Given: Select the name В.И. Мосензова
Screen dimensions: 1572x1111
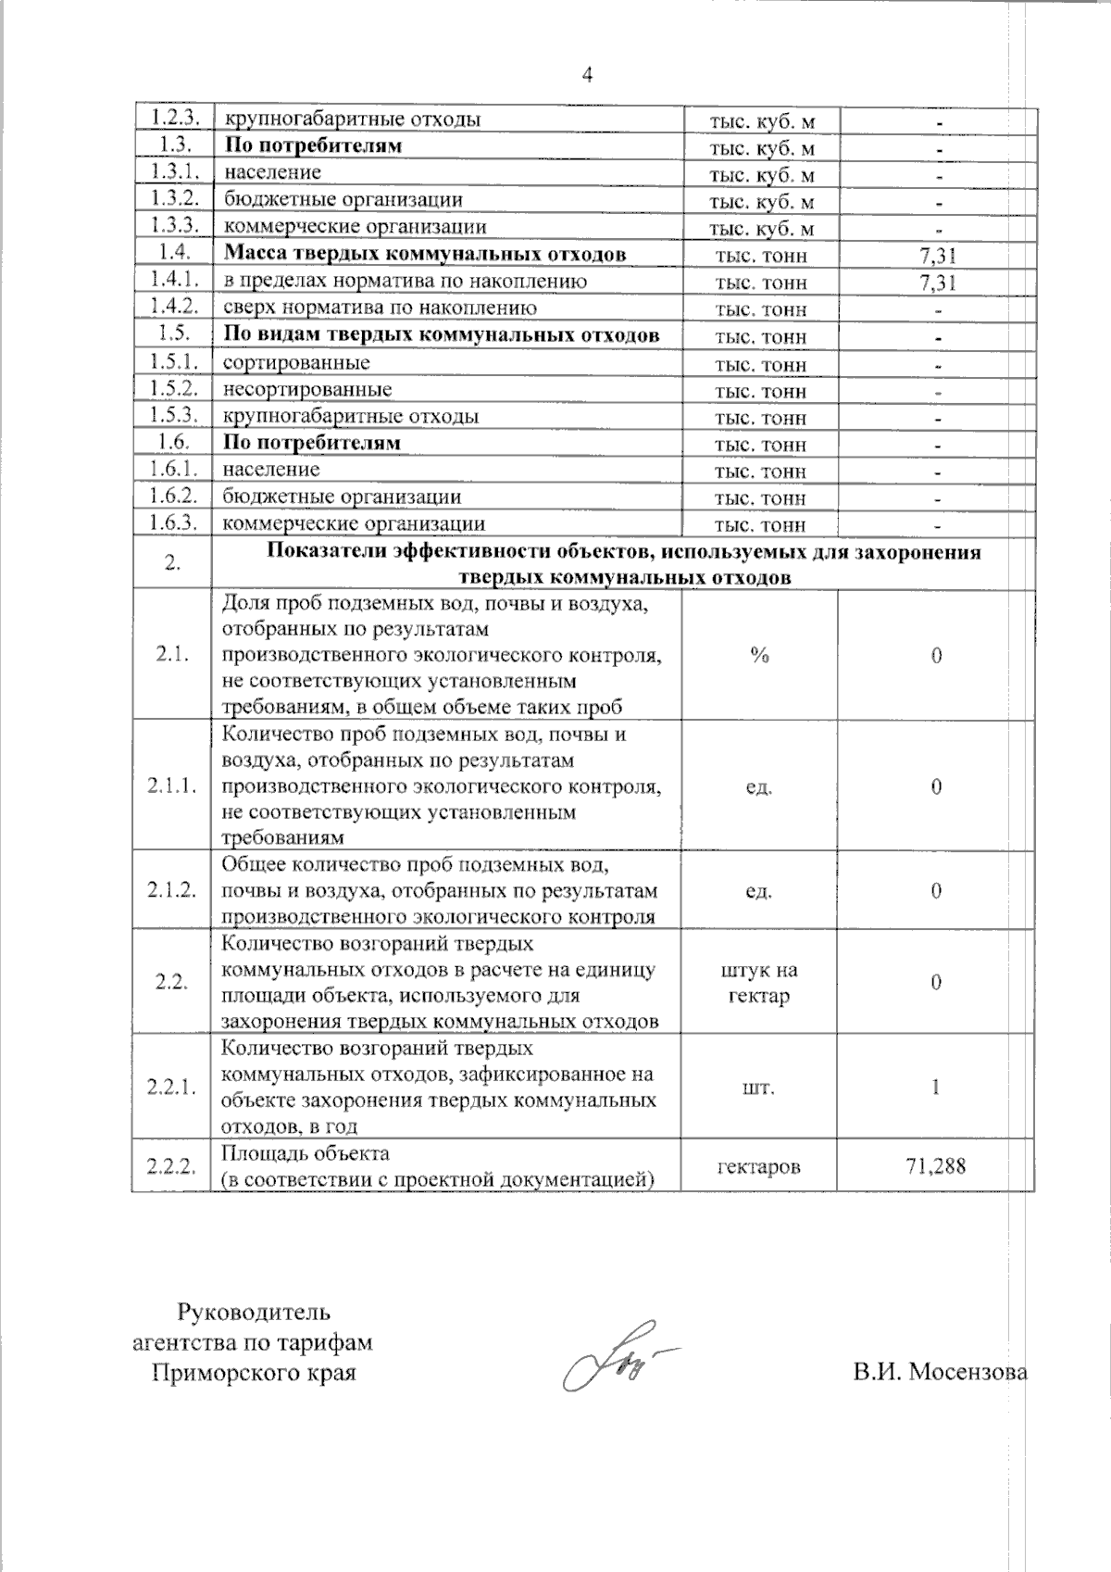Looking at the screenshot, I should [940, 1372].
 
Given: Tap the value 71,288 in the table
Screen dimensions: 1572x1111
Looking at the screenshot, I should [935, 1165].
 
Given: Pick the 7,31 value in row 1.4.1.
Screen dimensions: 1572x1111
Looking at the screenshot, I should [937, 282].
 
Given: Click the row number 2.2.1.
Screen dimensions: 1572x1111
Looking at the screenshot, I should [171, 1087].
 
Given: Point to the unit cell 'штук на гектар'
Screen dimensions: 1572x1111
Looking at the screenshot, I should [758, 983].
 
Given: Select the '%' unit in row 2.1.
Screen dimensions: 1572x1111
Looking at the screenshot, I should [759, 655].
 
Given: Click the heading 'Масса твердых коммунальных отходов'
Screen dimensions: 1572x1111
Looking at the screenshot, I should [424, 254].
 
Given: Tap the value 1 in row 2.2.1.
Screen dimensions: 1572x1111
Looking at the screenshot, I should [936, 1087].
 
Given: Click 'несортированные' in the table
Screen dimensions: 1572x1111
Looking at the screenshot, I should [307, 389].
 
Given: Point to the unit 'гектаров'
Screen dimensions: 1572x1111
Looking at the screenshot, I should [758, 1166].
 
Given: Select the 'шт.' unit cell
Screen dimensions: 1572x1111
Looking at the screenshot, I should [758, 1088].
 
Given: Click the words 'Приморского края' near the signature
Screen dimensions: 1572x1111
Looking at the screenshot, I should [254, 1372].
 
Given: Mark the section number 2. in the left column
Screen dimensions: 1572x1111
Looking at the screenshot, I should [172, 564].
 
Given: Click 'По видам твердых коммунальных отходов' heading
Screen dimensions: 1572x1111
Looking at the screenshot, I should [442, 334].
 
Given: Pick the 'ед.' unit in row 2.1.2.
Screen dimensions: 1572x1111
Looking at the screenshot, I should [758, 891].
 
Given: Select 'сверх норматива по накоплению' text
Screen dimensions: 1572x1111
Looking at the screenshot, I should [380, 308].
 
